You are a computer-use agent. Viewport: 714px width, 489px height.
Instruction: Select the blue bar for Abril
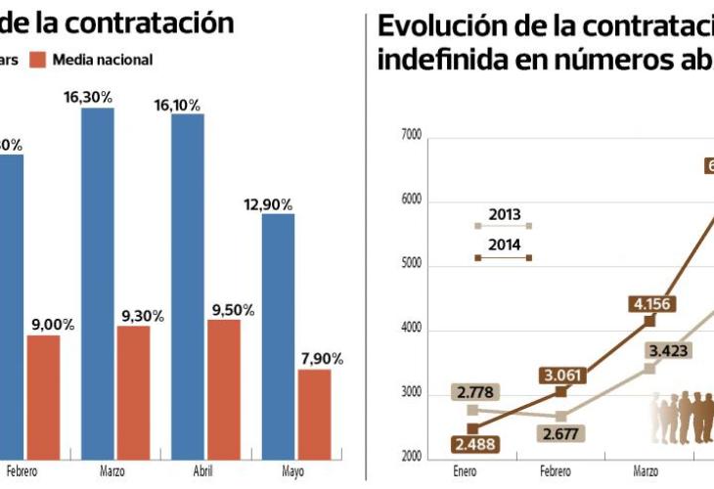coord(188,285)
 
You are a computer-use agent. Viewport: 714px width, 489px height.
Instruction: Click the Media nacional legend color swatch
coord(37,60)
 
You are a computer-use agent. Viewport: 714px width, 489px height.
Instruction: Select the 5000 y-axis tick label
coord(411,265)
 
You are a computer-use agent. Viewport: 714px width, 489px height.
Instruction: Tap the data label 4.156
coord(651,303)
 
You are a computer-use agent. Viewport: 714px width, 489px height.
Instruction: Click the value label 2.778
coord(474,393)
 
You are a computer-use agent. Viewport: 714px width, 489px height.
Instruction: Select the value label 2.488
coord(474,445)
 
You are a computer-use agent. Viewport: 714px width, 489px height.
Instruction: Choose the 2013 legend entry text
coord(504,214)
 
